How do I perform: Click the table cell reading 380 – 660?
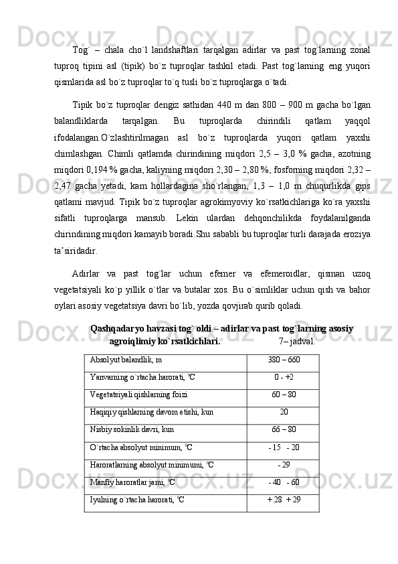pyautogui.click(x=284, y=360)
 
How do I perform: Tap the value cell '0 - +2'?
pyautogui.click(x=284, y=377)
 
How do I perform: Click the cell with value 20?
pyautogui.click(x=284, y=412)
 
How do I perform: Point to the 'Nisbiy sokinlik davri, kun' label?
pyautogui.click(x=131, y=429)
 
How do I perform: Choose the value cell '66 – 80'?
pyautogui.click(x=284, y=429)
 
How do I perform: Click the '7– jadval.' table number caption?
pyautogui.click(x=297, y=341)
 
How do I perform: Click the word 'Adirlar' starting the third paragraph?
pyautogui.click(x=86, y=273)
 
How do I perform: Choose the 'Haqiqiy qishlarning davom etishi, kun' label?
pyautogui.click(x=151, y=412)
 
